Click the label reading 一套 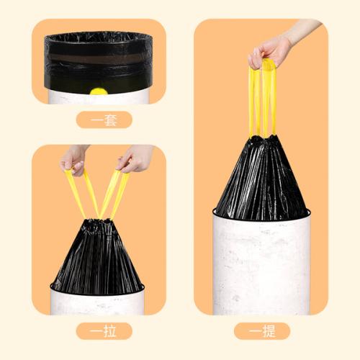104,120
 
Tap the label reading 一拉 104,331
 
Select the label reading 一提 262,331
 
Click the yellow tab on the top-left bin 99,91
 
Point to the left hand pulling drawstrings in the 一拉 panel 73,160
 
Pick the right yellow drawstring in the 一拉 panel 114,193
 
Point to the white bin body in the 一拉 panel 97,301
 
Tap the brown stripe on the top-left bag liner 98,58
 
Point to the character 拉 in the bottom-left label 109,331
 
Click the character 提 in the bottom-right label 268,331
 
